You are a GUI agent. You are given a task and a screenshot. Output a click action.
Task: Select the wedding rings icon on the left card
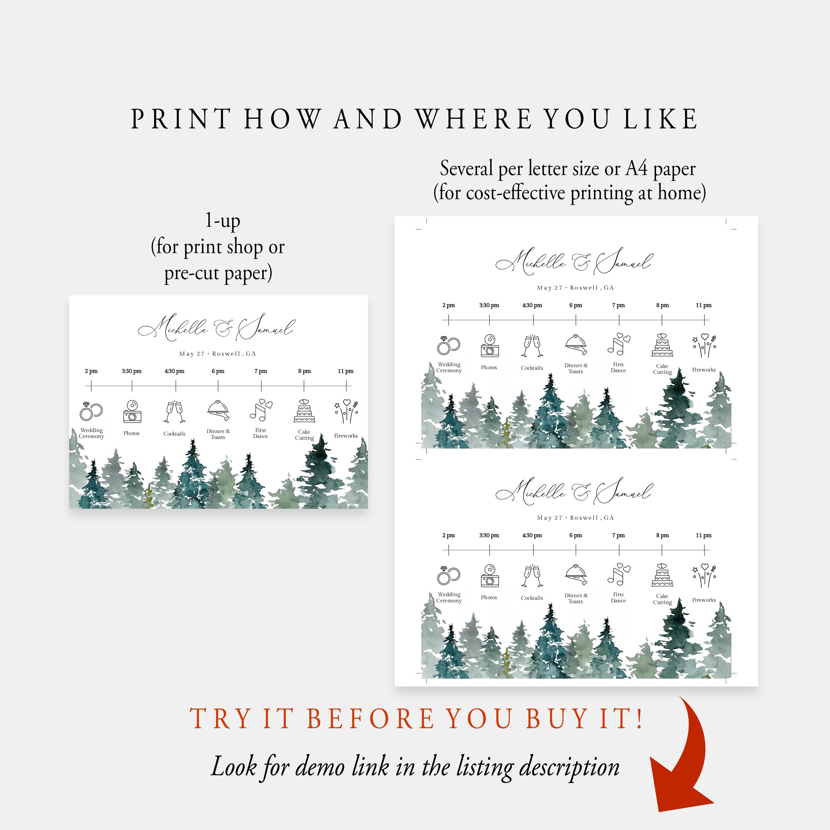(91, 412)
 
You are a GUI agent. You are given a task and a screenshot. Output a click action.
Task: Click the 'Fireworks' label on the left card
(346, 436)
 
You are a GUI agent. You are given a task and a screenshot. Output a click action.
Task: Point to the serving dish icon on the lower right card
(576, 575)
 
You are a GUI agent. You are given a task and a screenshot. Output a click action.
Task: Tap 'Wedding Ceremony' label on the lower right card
(449, 598)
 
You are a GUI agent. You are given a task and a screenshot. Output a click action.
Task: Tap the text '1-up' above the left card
(222, 221)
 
